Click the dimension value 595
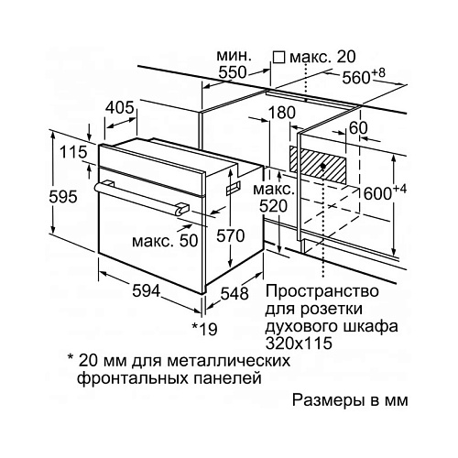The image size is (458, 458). (63, 197)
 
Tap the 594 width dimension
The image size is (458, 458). (146, 290)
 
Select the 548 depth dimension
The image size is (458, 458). (234, 293)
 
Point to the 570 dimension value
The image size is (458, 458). (231, 235)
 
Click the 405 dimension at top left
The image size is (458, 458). (120, 107)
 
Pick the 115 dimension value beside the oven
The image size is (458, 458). (73, 152)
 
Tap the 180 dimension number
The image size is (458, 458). (281, 112)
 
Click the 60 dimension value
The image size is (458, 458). (358, 128)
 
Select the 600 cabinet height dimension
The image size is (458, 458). (385, 192)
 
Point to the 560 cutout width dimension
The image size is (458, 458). (364, 76)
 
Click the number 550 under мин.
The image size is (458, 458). (233, 72)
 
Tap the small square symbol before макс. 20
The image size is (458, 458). (278, 58)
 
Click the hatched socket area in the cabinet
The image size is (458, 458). (318, 165)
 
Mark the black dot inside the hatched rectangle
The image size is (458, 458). (322, 166)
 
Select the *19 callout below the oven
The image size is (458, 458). (204, 329)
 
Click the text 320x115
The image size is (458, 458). (299, 343)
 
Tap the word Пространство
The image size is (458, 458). (322, 291)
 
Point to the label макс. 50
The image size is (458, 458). (165, 241)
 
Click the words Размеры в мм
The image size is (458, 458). (350, 399)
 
